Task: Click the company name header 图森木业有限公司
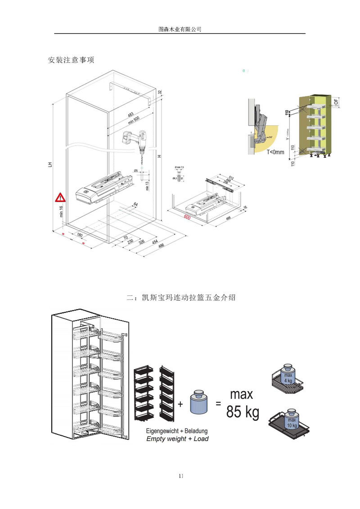[180, 29]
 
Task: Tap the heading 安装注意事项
[71, 60]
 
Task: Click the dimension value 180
[79, 235]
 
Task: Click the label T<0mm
[275, 152]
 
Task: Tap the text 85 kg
[243, 412]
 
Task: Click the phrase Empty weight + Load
[178, 439]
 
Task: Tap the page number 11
[180, 476]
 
